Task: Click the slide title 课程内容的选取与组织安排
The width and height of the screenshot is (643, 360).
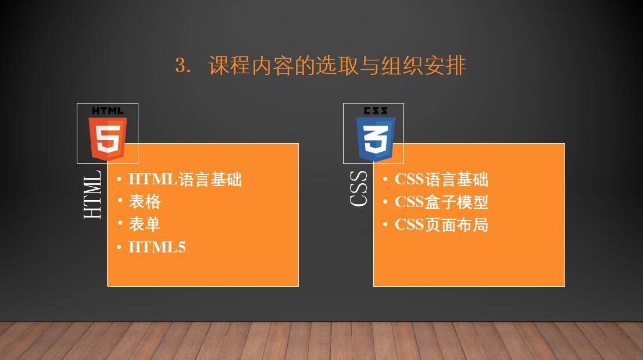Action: coord(337,66)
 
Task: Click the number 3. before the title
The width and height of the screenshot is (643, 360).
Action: coord(183,66)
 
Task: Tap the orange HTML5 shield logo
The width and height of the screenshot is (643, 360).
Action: coord(108,138)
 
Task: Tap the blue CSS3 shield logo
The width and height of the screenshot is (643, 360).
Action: coord(376,138)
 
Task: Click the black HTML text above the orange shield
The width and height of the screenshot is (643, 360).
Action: coord(108,111)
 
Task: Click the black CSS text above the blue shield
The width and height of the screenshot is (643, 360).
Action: coord(376,111)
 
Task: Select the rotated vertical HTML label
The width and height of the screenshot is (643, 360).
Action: coord(92,194)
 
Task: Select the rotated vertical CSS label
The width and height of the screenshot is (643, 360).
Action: coord(358,188)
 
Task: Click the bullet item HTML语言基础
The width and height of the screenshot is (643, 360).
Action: coord(185,180)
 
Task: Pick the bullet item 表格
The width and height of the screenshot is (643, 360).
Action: coord(145,202)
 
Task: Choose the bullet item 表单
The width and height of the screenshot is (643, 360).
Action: coord(145,224)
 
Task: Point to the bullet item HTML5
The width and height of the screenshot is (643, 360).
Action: coord(157,247)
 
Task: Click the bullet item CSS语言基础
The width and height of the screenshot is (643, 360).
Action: coord(442,180)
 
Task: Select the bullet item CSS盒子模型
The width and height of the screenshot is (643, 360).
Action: coord(442,202)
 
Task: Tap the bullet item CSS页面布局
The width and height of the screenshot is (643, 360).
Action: coord(442,224)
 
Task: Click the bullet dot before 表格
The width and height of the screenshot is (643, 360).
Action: coord(120,201)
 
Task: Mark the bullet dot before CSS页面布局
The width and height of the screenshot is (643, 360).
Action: coord(385,224)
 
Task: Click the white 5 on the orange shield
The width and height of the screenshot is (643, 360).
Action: coord(108,139)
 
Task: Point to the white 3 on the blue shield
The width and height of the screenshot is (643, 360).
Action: coord(376,139)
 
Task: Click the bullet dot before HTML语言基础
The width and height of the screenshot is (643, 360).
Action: coord(119,179)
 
